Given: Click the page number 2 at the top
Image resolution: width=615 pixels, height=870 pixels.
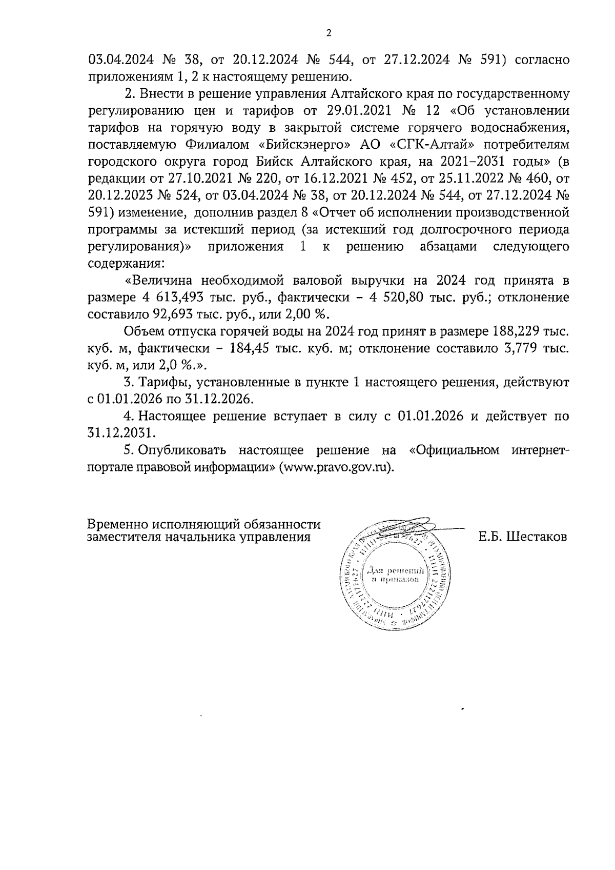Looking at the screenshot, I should pyautogui.click(x=329, y=33).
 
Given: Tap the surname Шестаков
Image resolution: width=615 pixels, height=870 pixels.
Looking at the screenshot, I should pyautogui.click(x=537, y=537).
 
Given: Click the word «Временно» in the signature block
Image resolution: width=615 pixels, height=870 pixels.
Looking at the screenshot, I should pyautogui.click(x=117, y=525).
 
